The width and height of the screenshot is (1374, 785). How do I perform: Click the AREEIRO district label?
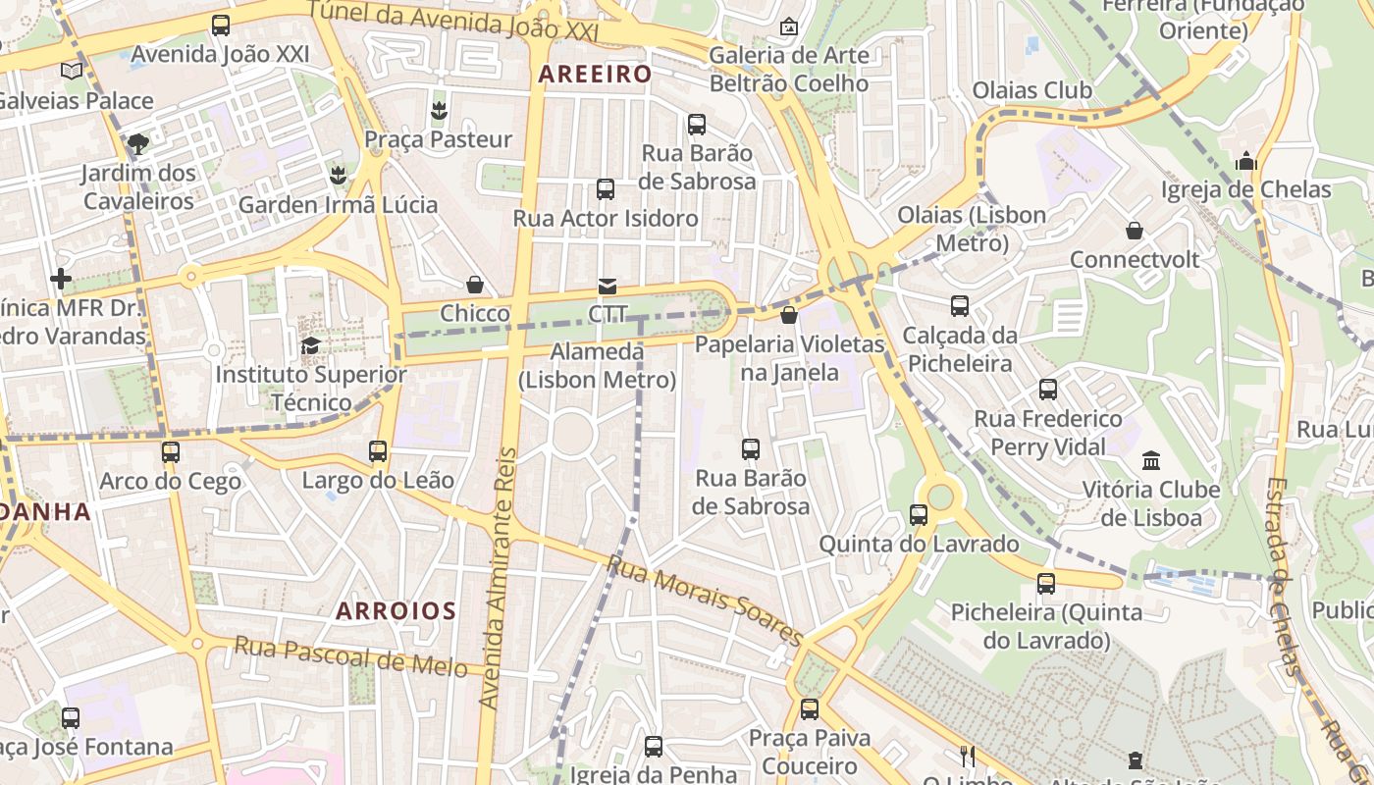595,74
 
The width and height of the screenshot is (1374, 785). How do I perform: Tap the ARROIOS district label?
396,611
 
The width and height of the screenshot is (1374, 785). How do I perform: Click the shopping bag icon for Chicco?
475,285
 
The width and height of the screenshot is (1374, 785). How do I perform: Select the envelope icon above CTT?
608,287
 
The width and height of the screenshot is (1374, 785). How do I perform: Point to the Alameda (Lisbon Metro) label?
597,365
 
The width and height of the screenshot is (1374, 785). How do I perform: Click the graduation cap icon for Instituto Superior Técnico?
310,345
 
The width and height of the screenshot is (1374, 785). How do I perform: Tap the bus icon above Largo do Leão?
378,451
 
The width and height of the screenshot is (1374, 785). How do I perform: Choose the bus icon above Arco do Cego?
171,452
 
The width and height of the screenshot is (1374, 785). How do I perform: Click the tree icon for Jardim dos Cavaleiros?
138,144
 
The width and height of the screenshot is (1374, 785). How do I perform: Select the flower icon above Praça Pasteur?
439,110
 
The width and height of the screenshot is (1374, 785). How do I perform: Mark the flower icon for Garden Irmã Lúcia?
338,176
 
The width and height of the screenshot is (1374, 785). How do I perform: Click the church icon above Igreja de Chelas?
1246,160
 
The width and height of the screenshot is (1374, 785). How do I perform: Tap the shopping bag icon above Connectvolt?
1135,231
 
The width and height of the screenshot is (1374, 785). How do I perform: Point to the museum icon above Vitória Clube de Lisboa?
1151,460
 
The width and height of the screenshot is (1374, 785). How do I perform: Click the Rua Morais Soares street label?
705,598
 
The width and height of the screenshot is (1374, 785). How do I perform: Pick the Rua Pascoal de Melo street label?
350,655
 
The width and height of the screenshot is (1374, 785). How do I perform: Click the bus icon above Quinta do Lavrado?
919,514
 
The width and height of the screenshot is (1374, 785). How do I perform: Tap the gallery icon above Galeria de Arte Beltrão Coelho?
788,26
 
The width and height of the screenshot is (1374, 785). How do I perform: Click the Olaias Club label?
1031,90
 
